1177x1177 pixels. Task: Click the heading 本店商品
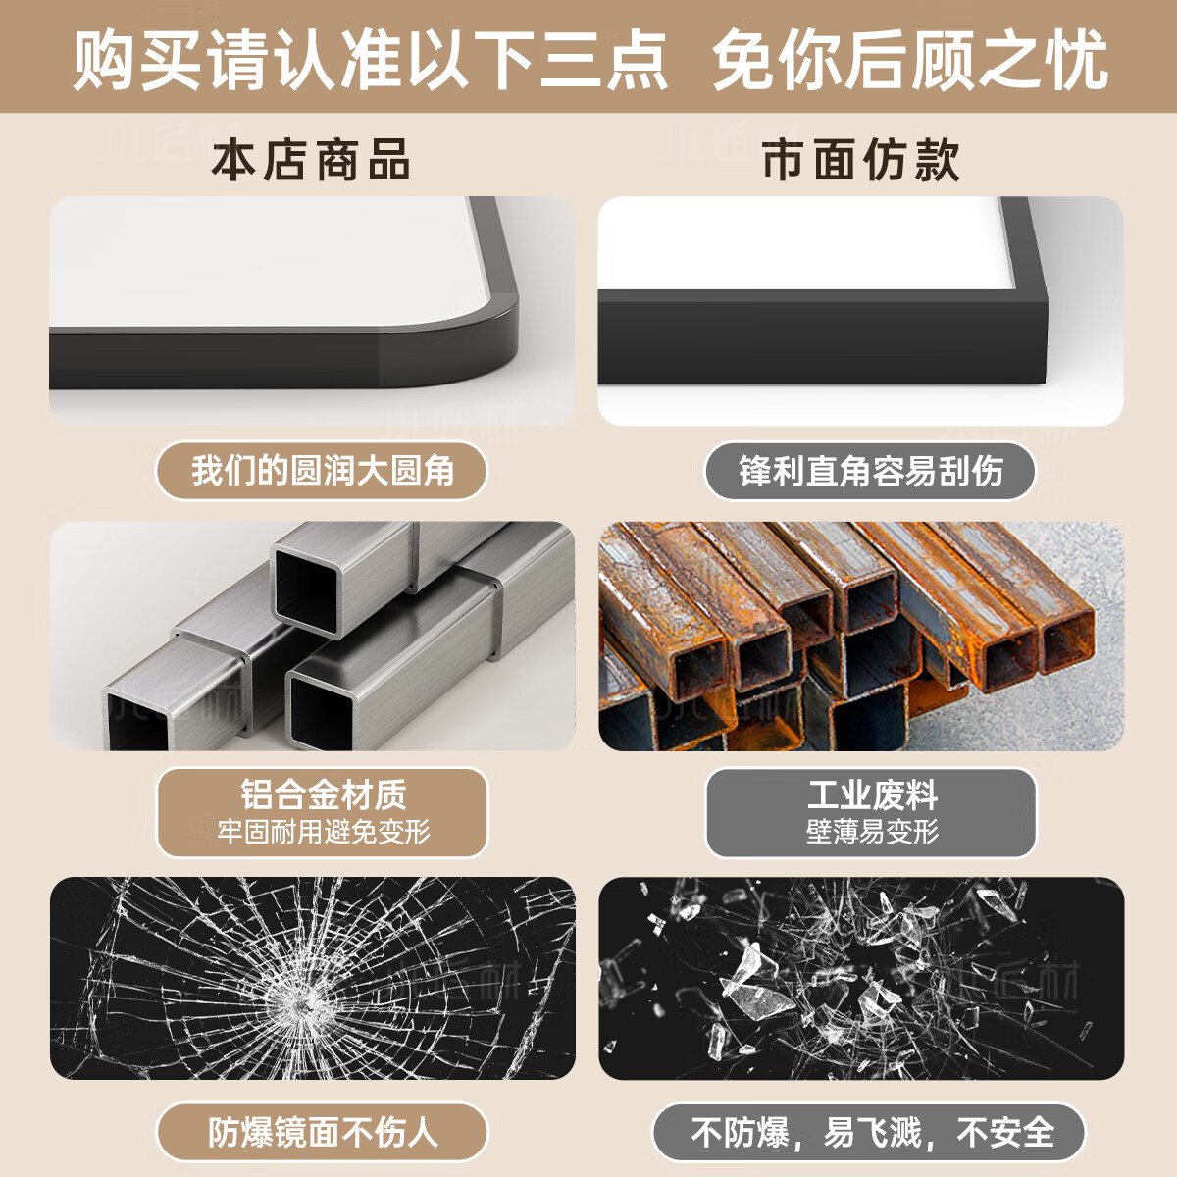pyautogui.click(x=311, y=160)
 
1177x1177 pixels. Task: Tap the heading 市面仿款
pyautogui.click(x=860, y=160)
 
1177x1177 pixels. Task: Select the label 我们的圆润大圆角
pyautogui.click(x=322, y=471)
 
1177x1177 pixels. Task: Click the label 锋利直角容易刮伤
pyautogui.click(x=870, y=471)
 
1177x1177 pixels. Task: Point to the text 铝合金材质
pyautogui.click(x=322, y=793)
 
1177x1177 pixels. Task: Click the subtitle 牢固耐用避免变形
pyautogui.click(x=322, y=832)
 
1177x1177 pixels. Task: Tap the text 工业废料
pyautogui.click(x=870, y=793)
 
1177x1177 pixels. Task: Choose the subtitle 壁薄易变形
pyautogui.click(x=870, y=832)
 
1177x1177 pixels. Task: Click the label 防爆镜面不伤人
pyautogui.click(x=322, y=1132)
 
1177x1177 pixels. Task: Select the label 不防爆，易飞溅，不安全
pyautogui.click(x=870, y=1132)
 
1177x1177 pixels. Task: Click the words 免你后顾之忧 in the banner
pyautogui.click(x=909, y=61)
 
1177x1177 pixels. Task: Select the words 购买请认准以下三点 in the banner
pyautogui.click(x=370, y=61)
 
